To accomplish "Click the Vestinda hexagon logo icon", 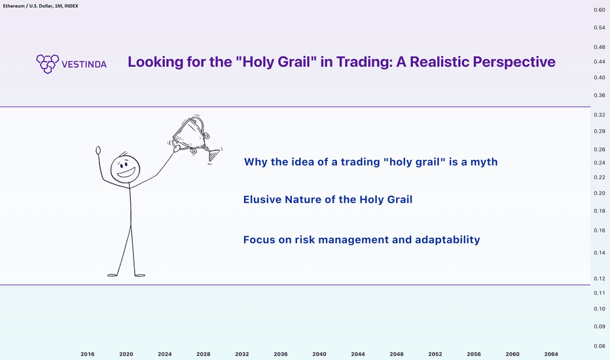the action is [x=48, y=64].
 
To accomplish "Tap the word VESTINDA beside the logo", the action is [x=84, y=65].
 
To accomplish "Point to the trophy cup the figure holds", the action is [x=195, y=137].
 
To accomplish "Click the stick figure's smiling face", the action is [x=125, y=170].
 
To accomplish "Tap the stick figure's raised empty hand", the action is [x=98, y=151].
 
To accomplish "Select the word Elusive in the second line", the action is [x=262, y=200].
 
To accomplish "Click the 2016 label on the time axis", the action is [x=88, y=354].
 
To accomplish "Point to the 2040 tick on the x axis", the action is [x=319, y=354].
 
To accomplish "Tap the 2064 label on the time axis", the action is [x=551, y=354].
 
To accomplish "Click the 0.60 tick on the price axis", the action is [x=600, y=10].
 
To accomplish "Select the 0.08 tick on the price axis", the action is [x=600, y=346].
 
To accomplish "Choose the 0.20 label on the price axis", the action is [x=600, y=194].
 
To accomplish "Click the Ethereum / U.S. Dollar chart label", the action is [x=41, y=6].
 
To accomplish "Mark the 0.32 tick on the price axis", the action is [x=600, y=115].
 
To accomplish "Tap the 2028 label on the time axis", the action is [x=204, y=354].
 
